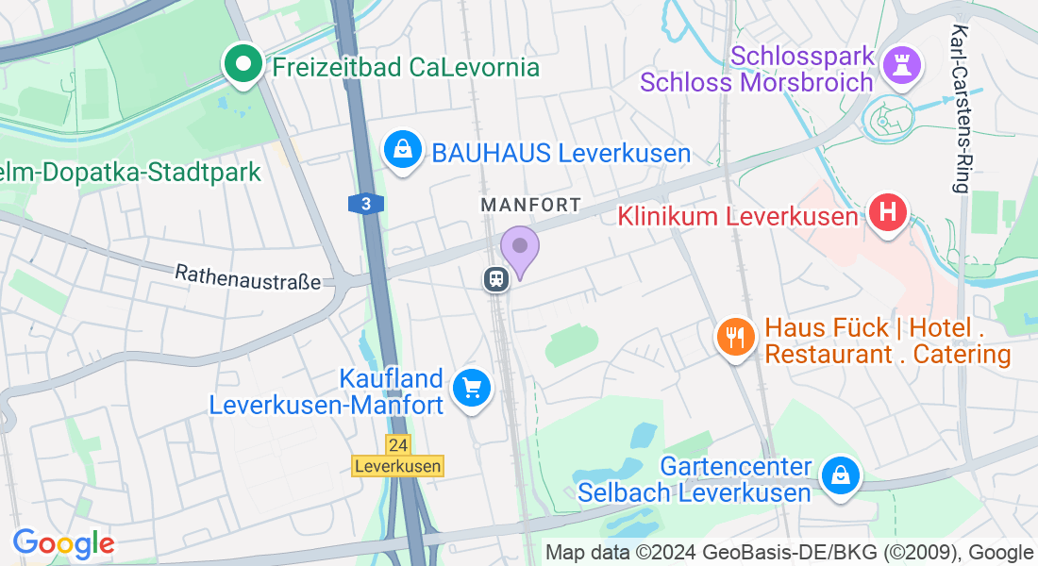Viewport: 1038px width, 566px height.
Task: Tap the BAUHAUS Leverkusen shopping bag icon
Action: point(403,151)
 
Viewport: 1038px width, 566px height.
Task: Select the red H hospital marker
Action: point(888,212)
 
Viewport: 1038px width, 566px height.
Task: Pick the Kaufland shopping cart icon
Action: point(471,387)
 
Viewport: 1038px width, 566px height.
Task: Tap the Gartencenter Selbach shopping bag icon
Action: point(838,475)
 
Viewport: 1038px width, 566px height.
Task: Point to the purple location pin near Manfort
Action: point(519,247)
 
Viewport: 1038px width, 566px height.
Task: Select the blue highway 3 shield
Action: point(365,203)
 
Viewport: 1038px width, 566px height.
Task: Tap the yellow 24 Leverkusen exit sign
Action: point(397,455)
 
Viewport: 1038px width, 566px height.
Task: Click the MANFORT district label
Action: point(530,205)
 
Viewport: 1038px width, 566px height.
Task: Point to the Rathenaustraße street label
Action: point(248,276)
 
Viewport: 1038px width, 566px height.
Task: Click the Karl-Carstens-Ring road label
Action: point(961,108)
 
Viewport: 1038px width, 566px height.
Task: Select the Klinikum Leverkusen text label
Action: point(738,216)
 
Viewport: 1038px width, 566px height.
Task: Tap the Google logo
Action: point(63,543)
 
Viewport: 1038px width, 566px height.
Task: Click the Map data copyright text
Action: point(789,553)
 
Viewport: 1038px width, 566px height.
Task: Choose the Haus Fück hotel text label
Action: point(887,341)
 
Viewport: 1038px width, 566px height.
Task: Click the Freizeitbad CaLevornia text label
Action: point(406,67)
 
